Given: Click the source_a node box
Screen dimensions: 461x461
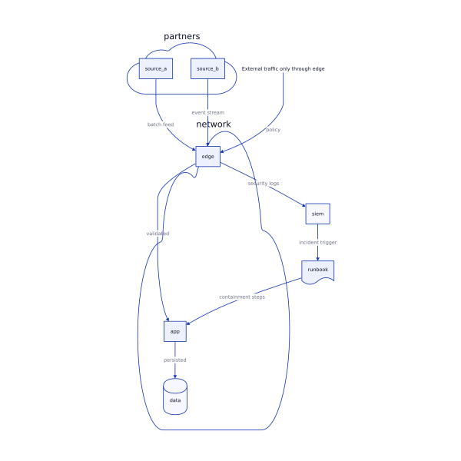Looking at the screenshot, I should [155, 69].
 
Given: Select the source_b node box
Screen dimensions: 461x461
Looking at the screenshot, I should [207, 69].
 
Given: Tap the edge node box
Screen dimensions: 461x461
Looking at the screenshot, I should [207, 156].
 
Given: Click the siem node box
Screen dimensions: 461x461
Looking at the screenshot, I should [317, 214].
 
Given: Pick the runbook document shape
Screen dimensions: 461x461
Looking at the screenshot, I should [317, 270].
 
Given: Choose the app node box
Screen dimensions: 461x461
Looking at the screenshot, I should [175, 331].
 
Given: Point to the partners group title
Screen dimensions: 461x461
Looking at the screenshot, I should [182, 36].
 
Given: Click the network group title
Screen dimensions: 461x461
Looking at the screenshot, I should [214, 124].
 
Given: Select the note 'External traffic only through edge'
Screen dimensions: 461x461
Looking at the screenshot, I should [284, 69].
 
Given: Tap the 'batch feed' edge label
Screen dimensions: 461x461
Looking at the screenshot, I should [161, 124].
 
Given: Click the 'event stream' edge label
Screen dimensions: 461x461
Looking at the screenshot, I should [208, 113].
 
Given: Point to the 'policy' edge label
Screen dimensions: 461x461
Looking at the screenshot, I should [273, 130].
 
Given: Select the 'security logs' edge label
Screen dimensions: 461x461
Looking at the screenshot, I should [264, 184].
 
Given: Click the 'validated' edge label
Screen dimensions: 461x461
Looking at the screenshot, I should [158, 234].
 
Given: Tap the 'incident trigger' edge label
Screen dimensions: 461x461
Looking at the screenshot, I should [317, 243].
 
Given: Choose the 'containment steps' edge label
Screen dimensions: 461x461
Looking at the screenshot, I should [242, 297].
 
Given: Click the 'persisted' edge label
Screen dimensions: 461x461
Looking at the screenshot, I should [175, 360].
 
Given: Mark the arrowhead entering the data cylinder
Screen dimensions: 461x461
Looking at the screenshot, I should [175, 376].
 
